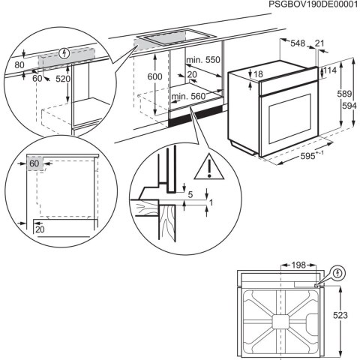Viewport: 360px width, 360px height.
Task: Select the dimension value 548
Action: click(x=298, y=44)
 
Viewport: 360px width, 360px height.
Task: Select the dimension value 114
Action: click(x=330, y=70)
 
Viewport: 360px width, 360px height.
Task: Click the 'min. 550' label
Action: click(x=202, y=60)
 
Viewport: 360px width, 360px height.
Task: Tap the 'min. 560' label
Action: click(x=188, y=97)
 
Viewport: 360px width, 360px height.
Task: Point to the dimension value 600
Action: click(x=154, y=77)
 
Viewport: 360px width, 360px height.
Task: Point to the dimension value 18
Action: click(x=259, y=74)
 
